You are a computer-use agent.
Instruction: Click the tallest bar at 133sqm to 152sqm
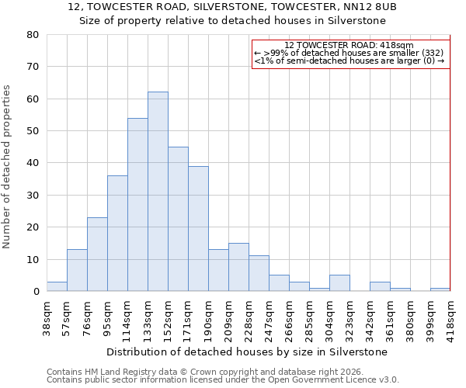point(158,192)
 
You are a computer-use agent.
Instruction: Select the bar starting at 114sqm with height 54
point(137,205)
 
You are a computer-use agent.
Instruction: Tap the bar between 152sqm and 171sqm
point(178,219)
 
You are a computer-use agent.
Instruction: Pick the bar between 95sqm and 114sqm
point(117,234)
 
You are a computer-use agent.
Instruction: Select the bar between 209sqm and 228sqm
point(238,268)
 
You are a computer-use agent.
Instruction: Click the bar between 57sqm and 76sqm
point(77,270)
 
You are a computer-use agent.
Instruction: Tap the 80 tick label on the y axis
point(32,35)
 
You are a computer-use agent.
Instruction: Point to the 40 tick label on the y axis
point(32,163)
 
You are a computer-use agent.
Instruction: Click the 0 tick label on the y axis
point(36,292)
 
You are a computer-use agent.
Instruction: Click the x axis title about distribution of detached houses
point(249,352)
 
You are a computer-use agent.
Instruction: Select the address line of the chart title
point(232,7)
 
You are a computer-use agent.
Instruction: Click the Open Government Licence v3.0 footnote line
point(222,380)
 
